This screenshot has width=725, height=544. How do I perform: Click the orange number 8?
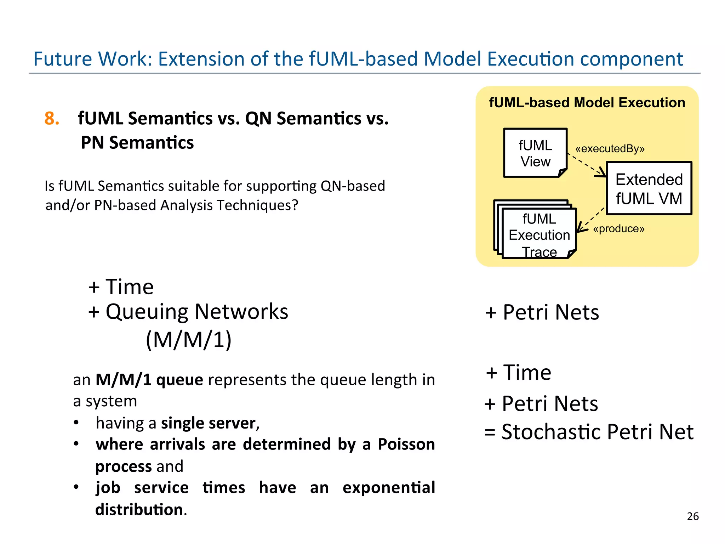(51, 118)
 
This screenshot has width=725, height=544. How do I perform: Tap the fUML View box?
(535, 153)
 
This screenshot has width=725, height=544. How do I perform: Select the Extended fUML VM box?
(649, 188)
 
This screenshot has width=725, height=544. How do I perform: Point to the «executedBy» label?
(610, 149)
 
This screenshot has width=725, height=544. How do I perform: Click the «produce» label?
(618, 229)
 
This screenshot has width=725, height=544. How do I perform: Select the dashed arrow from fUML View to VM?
(587, 165)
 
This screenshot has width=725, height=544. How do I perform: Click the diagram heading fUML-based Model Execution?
(587, 103)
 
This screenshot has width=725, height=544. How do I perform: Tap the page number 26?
(692, 516)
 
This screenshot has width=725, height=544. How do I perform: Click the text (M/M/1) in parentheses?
(189, 340)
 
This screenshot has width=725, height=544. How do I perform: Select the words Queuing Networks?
(197, 312)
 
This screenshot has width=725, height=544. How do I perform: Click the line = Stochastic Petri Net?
(589, 432)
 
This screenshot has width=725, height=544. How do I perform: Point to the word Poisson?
(406, 444)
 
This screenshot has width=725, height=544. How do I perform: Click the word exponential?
(389, 488)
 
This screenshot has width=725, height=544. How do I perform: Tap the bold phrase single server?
(208, 423)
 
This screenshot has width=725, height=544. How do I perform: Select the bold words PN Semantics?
(137, 143)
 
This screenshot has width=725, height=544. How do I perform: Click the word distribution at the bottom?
(139, 510)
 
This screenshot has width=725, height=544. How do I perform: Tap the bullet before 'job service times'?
(76, 487)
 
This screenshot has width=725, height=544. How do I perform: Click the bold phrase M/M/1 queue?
(149, 380)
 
